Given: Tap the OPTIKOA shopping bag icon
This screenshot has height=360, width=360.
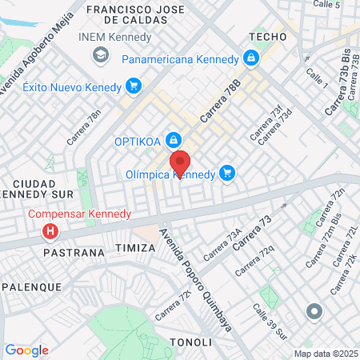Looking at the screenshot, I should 172,141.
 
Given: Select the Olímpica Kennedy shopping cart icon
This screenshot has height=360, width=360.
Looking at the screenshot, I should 227,173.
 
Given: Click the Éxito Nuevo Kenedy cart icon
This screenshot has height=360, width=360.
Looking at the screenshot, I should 134,86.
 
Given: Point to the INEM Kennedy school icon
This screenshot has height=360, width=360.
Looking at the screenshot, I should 101,54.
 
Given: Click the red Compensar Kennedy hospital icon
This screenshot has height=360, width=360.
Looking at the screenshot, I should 50,231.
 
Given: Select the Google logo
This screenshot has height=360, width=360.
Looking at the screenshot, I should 26,350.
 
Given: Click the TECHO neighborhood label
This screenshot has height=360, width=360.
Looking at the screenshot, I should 267,37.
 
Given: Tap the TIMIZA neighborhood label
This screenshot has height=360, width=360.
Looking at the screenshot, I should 135,248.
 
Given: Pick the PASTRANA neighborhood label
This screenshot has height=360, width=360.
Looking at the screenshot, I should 76,252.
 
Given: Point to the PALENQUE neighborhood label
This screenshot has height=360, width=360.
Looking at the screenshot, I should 31,286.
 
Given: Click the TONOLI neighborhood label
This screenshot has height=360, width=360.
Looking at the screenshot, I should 191,342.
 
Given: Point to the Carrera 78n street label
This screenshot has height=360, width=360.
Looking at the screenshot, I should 85,126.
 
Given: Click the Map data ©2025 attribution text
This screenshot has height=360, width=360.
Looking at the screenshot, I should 325,354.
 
